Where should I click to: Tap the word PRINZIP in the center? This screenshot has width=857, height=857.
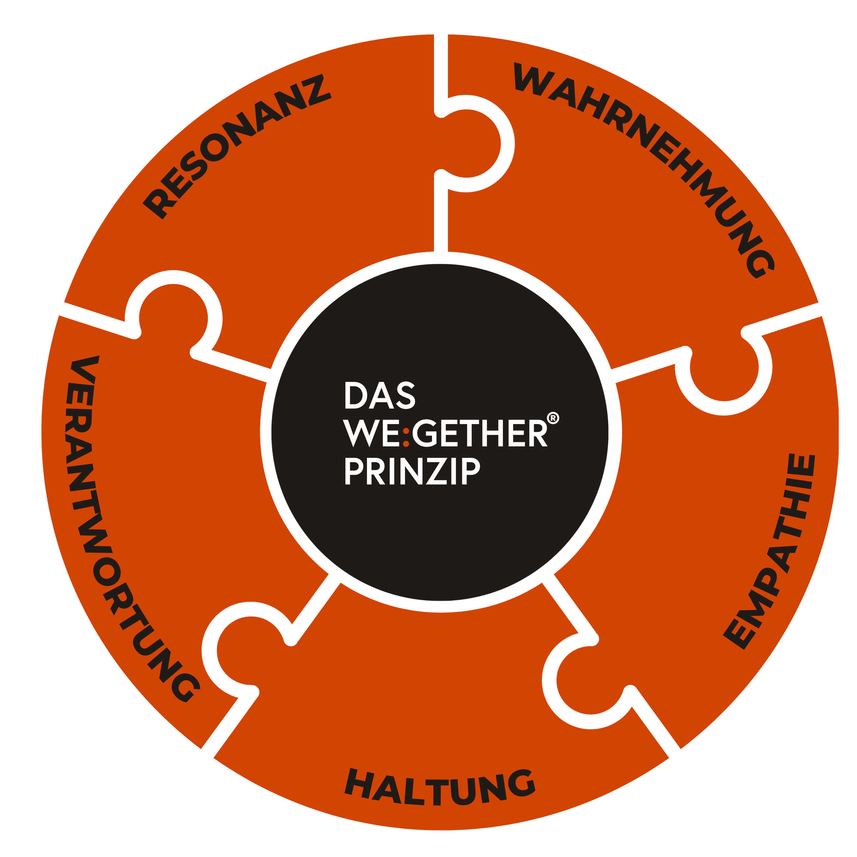coord(412,472)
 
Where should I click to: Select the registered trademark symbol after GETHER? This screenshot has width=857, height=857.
coord(553,418)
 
